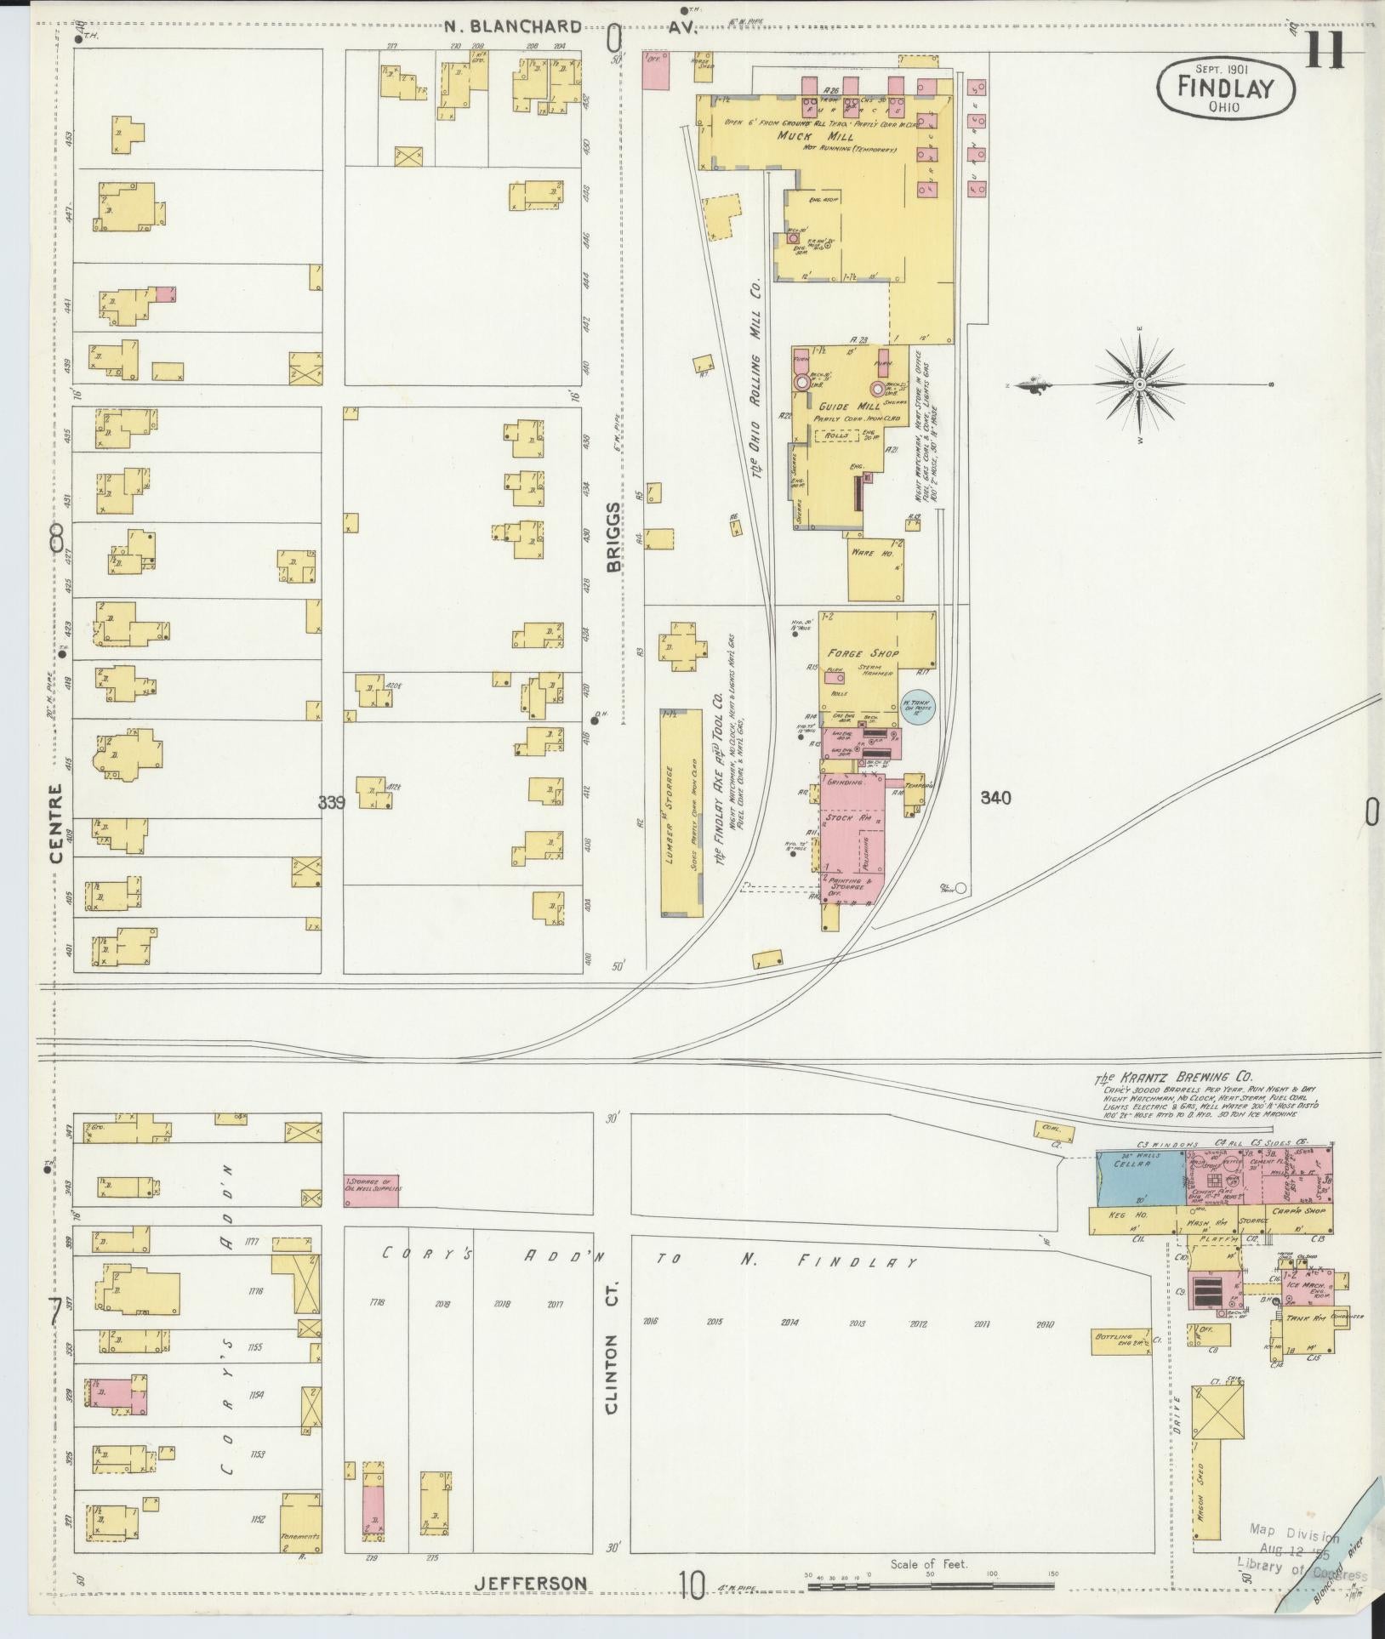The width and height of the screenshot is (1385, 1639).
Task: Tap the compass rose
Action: pyautogui.click(x=1139, y=384)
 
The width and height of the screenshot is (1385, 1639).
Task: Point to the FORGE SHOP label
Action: pyautogui.click(x=863, y=653)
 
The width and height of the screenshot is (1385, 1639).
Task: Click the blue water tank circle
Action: pyautogui.click(x=918, y=706)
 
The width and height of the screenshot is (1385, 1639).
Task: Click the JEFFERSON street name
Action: pyautogui.click(x=530, y=1583)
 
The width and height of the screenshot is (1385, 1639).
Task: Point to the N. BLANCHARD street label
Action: pyautogui.click(x=514, y=26)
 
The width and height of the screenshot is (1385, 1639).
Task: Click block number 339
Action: pyautogui.click(x=332, y=801)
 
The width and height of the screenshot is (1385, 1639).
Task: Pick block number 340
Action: pyautogui.click(x=995, y=798)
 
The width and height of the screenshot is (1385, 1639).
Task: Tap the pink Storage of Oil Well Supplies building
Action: pyautogui.click(x=371, y=1188)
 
